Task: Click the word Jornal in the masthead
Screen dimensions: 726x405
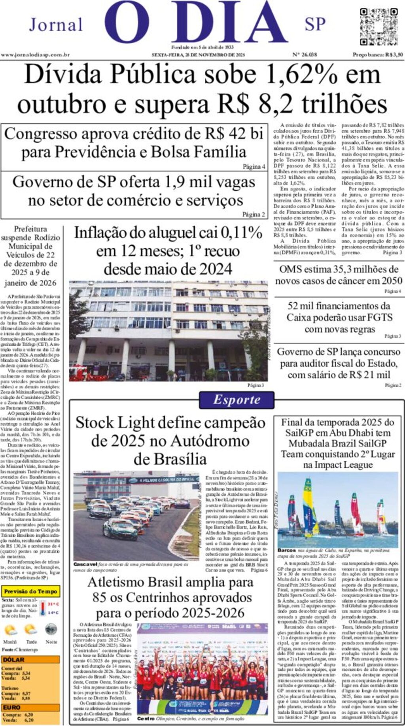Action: (56, 25)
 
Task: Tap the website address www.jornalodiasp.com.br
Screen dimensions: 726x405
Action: (35, 55)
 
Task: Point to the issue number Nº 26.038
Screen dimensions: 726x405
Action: (304, 55)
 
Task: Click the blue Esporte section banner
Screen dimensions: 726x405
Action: (237, 400)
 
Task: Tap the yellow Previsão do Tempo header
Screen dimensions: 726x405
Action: (31, 591)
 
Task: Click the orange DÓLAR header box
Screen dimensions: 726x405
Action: (30, 660)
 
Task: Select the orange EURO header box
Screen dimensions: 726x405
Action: (30, 707)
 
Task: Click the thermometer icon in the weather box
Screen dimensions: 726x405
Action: (43, 608)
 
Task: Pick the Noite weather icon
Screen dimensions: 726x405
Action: (51, 629)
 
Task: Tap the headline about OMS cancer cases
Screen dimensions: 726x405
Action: (339, 275)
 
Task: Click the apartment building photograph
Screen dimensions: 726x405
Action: (168, 331)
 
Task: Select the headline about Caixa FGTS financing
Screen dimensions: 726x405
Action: (339, 317)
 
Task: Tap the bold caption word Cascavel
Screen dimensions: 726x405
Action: (85, 564)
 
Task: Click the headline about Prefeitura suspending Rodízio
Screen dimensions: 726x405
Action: (30, 255)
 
